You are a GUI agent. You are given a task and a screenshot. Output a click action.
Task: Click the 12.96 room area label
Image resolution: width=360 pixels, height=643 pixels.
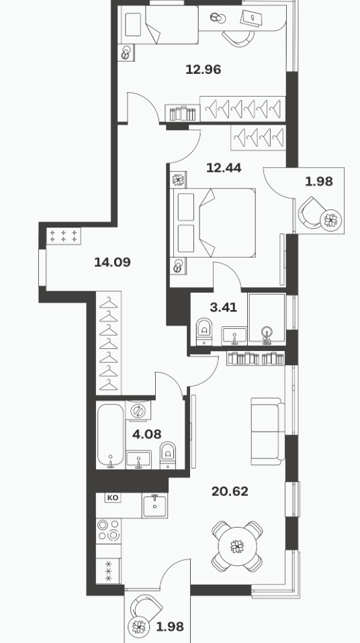204,70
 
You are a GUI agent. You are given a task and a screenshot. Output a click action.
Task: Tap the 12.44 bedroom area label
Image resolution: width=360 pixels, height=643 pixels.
224,168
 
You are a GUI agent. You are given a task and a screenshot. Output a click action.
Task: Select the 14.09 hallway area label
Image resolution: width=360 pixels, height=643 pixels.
112,262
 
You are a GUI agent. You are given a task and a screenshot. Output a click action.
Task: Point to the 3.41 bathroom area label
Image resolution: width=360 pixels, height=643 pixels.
223,307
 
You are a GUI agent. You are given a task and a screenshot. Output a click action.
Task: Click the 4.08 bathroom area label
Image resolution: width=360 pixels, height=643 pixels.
146,434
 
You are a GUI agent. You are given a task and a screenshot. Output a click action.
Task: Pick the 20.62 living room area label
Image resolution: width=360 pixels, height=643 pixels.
230,491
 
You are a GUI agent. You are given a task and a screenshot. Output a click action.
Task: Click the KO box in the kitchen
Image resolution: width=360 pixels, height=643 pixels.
112,498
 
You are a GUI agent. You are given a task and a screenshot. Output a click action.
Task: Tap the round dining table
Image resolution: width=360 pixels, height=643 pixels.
237,546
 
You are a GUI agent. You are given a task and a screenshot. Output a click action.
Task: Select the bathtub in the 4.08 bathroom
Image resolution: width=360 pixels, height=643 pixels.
110,436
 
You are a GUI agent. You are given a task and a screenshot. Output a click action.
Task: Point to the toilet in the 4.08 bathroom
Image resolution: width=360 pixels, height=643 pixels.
167,455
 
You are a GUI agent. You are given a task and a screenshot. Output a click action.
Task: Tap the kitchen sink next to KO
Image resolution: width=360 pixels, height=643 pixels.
154,505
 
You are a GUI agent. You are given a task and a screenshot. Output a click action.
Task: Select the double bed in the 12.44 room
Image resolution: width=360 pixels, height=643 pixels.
214,223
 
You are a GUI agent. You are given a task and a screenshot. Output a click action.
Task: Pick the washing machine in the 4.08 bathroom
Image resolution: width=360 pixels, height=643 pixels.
138,411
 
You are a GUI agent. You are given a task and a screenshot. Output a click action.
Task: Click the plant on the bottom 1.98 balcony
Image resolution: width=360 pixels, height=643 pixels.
139,626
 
